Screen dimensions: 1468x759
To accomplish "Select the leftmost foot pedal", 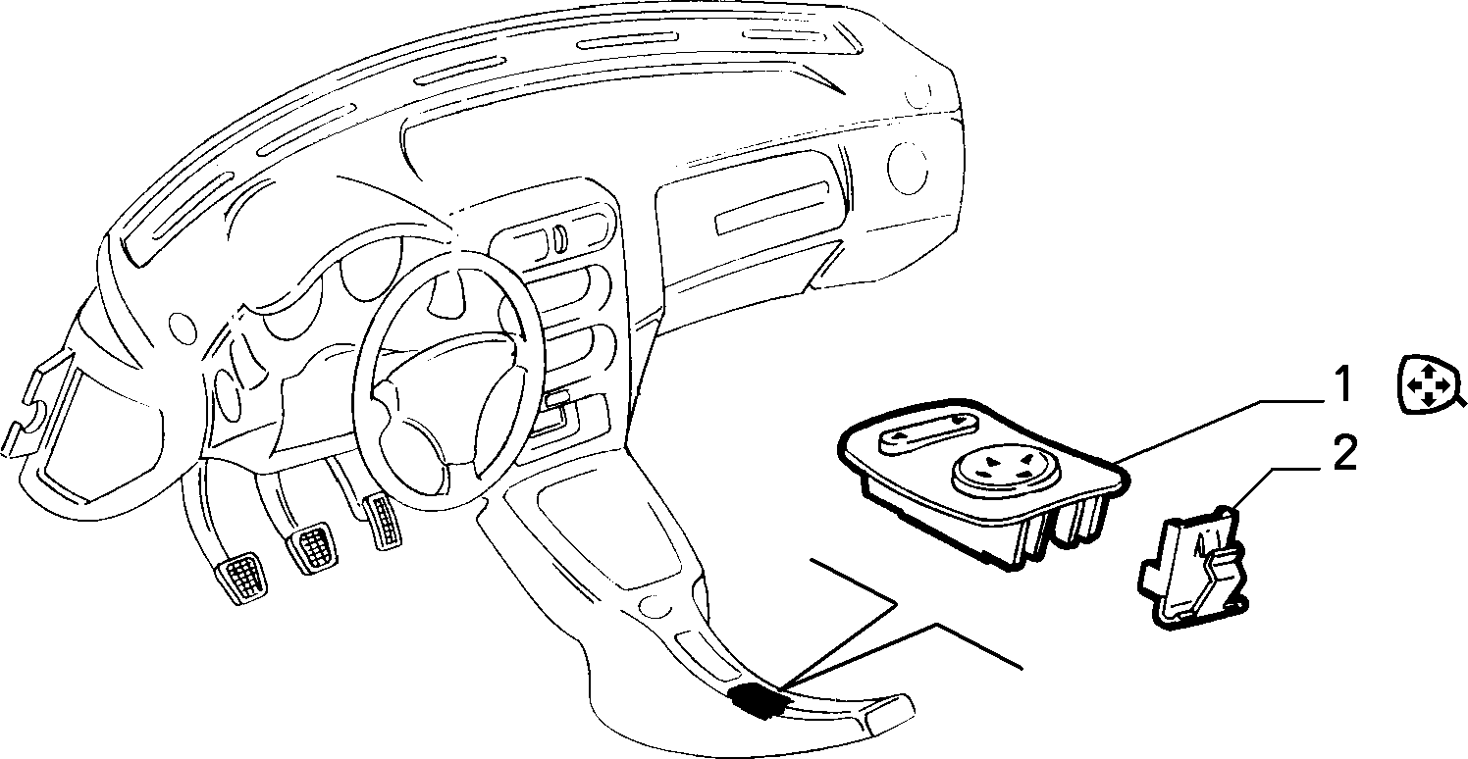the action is [241, 577].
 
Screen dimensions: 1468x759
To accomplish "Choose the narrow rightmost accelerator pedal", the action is [383, 522].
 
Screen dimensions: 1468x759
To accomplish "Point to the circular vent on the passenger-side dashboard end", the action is [907, 169].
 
